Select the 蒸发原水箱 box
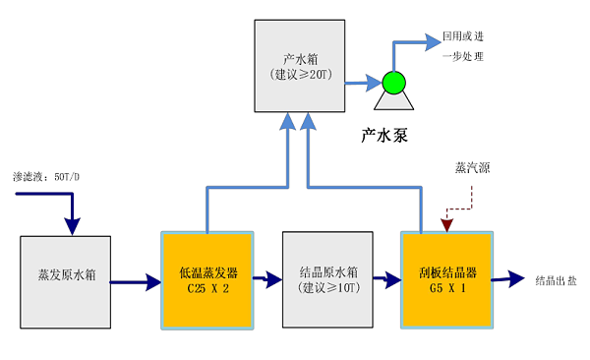coord(65,279)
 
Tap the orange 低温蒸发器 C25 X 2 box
coord(207,279)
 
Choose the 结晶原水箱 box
coord(327,279)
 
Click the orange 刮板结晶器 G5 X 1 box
coord(445,279)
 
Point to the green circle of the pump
coord(393,83)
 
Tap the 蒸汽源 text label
coord(472,167)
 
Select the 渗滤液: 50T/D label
coord(46,176)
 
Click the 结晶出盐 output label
coord(556,280)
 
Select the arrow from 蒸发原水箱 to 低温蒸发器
coord(136,283)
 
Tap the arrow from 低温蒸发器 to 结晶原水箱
coord(267,279)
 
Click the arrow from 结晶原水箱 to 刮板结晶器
coord(387,282)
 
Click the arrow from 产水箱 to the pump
coord(362,83)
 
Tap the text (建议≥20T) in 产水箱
coord(299,75)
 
